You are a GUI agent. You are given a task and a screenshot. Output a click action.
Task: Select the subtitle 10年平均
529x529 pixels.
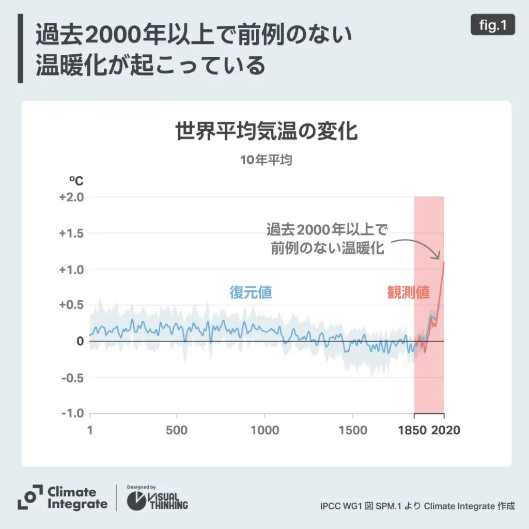pos(266,160)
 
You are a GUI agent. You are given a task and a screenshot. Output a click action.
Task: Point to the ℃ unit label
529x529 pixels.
pos(76,181)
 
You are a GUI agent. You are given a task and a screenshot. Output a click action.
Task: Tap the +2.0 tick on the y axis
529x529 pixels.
pos(72,197)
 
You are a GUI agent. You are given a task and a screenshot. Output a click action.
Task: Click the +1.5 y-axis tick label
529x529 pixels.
pos(72,233)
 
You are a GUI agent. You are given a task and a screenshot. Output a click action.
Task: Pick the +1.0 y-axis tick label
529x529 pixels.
pos(72,269)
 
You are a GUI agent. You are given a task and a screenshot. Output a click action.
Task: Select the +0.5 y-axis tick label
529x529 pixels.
pos(72,305)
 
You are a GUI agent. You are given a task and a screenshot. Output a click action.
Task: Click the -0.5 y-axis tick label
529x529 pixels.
pos(73,378)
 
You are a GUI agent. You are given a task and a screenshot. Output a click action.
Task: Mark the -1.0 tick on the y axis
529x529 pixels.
pos(73,413)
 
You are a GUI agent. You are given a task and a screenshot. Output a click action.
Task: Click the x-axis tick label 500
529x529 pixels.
pos(177,430)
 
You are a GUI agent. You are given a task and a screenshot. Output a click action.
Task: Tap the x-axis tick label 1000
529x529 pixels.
pos(264,430)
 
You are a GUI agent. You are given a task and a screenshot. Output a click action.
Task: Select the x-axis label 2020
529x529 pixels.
pos(446,430)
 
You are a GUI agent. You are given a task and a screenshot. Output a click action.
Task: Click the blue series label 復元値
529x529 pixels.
pos(251,293)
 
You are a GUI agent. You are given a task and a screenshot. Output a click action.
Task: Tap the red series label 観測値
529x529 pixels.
pos(408,293)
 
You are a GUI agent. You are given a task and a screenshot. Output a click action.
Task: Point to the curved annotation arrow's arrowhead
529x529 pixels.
pos(439,256)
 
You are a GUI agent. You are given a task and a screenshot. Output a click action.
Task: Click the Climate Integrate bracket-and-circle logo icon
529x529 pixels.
pos(30,497)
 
